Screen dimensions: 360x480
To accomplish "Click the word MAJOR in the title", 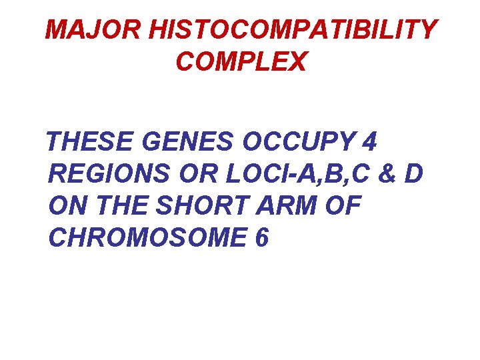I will (97, 29).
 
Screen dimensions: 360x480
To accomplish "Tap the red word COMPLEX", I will (241, 62).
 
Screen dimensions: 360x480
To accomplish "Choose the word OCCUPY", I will (298, 142).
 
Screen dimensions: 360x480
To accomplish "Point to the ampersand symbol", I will (387, 174).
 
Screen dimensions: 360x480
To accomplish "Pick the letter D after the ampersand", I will (413, 174).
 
